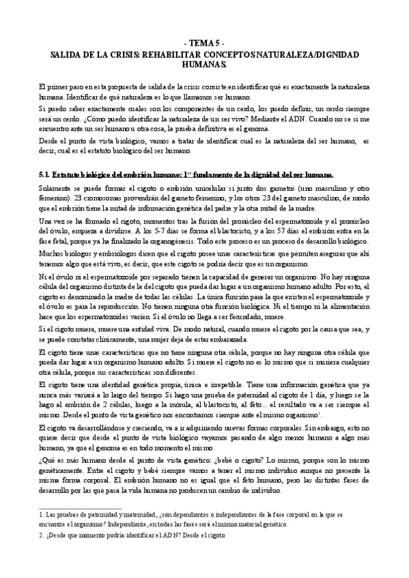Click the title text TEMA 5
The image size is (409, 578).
click(x=204, y=42)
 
